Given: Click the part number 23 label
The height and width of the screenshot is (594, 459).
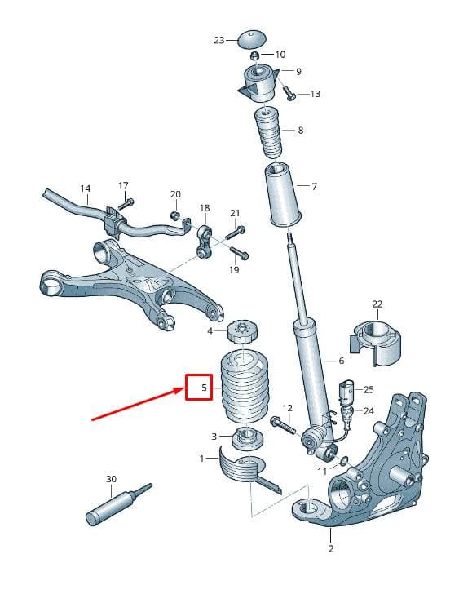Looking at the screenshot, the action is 219,40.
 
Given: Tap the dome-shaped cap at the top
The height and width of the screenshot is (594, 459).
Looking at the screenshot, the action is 252,39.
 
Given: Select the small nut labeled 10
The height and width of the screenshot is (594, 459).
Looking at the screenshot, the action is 255,55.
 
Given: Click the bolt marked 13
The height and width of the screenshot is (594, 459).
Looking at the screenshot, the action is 289,93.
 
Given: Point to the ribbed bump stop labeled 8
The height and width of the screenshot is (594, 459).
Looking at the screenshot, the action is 267,134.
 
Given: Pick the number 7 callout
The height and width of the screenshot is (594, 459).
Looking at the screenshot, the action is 314,186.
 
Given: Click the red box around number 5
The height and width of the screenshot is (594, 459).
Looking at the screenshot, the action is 199,387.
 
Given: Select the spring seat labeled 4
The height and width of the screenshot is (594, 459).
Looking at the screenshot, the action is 242,331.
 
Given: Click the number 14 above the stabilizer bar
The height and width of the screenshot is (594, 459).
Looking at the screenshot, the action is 86,188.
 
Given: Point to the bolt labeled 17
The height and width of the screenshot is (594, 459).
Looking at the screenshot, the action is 126,203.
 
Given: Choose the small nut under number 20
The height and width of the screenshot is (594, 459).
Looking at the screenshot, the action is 174,215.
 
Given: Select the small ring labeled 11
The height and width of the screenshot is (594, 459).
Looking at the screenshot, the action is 343,461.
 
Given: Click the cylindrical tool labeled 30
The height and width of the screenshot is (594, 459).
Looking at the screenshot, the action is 119,504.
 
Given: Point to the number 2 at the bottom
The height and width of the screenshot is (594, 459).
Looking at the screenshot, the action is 331,548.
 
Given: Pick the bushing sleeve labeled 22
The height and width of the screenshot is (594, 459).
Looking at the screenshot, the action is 376,343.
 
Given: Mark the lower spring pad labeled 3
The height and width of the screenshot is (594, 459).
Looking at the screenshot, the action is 248,438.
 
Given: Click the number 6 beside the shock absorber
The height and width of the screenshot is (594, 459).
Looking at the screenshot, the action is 342,361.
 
